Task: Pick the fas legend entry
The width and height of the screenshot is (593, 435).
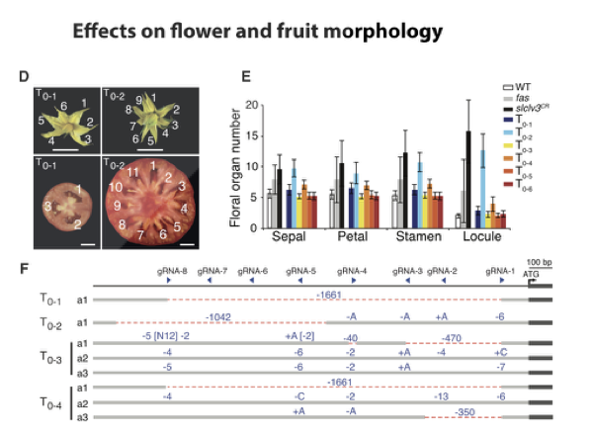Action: pos(524,100)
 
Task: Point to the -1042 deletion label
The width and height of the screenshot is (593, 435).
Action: pos(218,316)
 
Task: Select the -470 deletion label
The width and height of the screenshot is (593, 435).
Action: pos(453,337)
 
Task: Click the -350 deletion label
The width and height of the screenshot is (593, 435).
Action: pos(466,410)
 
